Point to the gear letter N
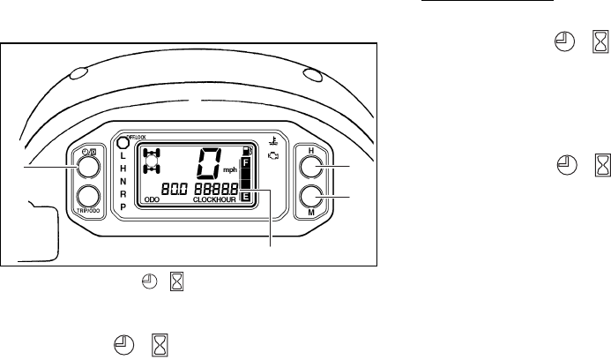tap(123, 180)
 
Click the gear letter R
tap(123, 192)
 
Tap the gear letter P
tap(123, 206)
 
